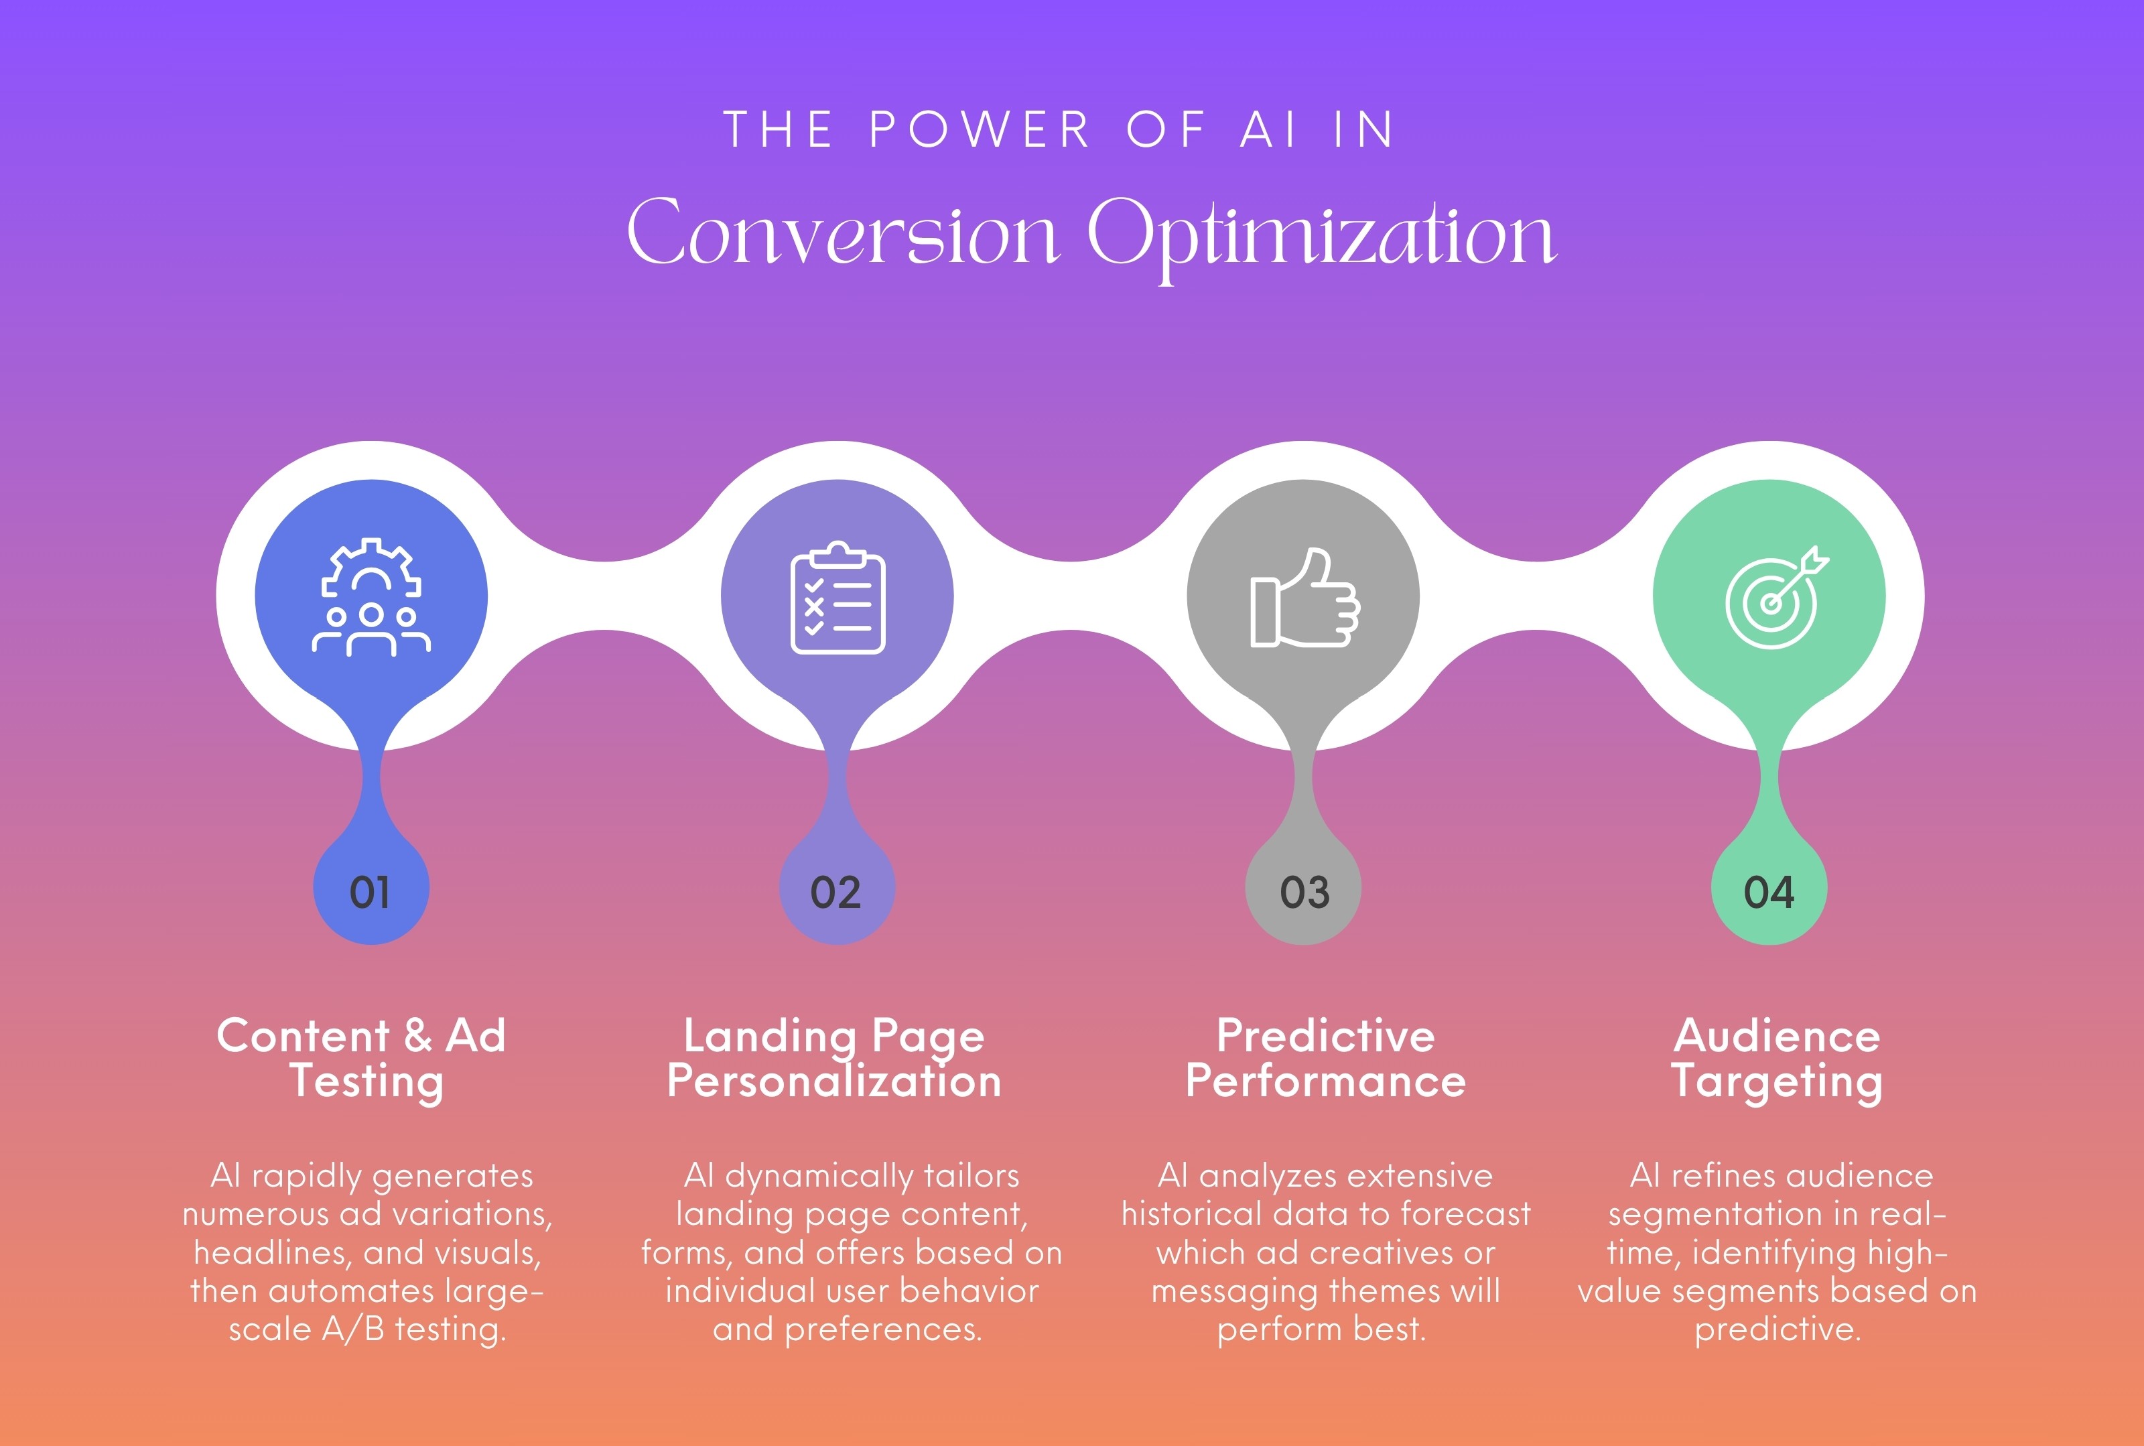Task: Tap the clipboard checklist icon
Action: click(837, 598)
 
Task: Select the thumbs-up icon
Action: click(1303, 598)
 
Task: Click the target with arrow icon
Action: click(1774, 598)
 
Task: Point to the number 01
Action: click(370, 892)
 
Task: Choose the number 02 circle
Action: click(836, 892)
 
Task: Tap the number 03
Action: click(1304, 892)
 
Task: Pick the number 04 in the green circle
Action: click(1769, 892)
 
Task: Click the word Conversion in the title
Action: click(843, 233)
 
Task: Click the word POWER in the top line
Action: click(980, 130)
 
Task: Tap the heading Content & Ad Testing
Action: click(362, 1058)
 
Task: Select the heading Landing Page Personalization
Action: click(835, 1058)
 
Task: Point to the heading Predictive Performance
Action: click(1325, 1058)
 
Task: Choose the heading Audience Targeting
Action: click(1776, 1058)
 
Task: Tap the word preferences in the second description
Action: click(882, 1329)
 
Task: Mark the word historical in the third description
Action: click(1189, 1213)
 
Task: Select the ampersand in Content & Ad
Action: click(417, 1035)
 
